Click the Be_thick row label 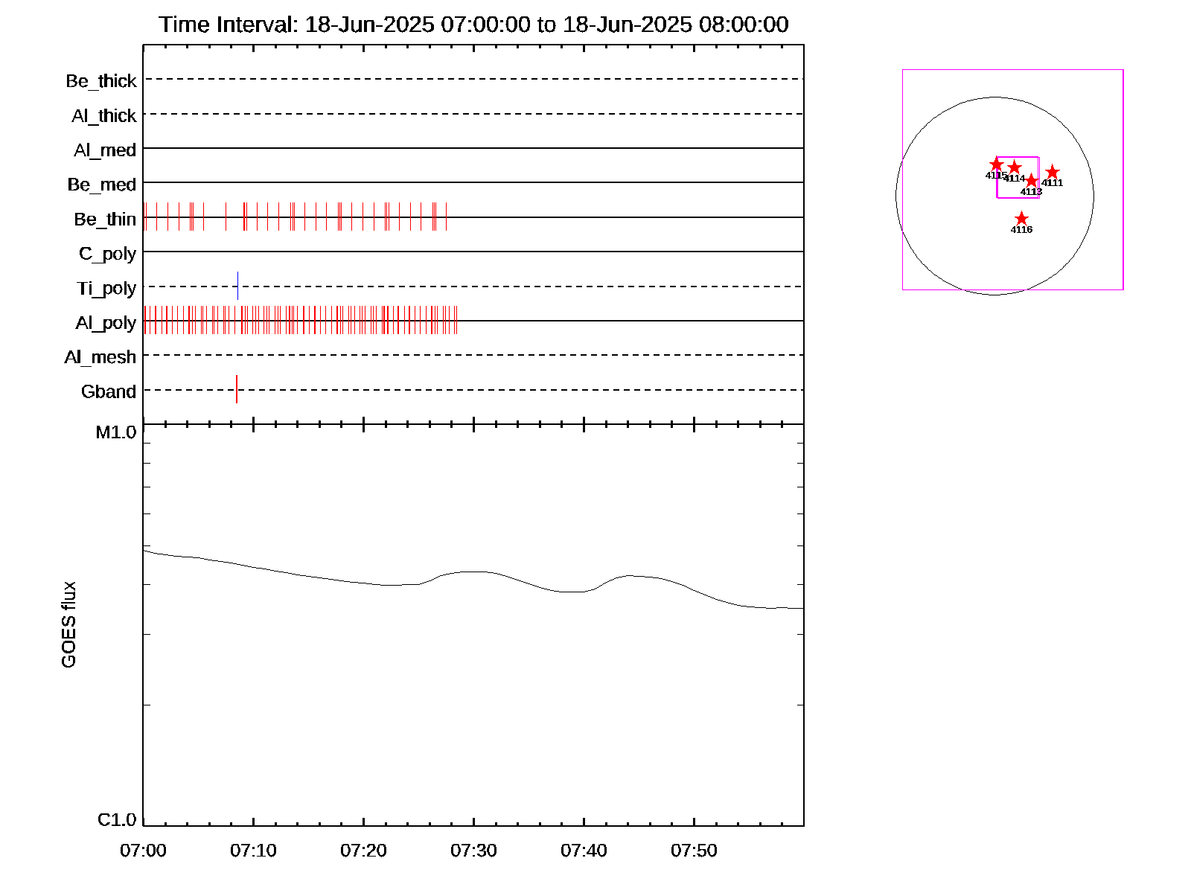tap(101, 80)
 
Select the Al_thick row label tap(104, 115)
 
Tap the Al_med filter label tap(105, 150)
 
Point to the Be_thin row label tap(105, 220)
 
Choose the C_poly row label tap(107, 254)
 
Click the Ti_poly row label tap(106, 288)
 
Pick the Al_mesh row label tap(100, 357)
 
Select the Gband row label tap(109, 391)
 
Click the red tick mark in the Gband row tap(237, 389)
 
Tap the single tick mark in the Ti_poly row tap(237, 286)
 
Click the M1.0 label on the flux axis tap(116, 432)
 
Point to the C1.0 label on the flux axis tap(117, 820)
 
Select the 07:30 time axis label tap(473, 851)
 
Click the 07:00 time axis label tap(143, 851)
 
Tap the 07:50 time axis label tap(694, 851)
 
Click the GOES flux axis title tap(68, 625)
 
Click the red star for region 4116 tap(1021, 219)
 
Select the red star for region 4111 tap(1052, 173)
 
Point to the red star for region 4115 tap(997, 164)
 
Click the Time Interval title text tap(473, 25)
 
